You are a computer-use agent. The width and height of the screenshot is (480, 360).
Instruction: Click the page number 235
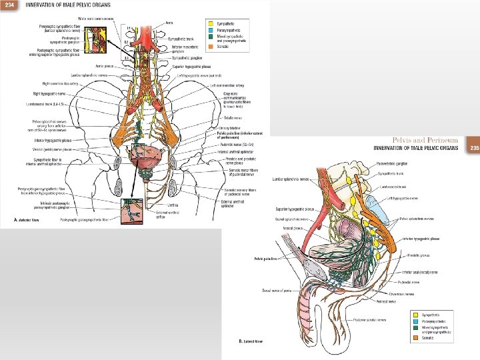click(474, 147)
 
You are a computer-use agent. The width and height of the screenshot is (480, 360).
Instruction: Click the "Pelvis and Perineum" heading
click(425, 140)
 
